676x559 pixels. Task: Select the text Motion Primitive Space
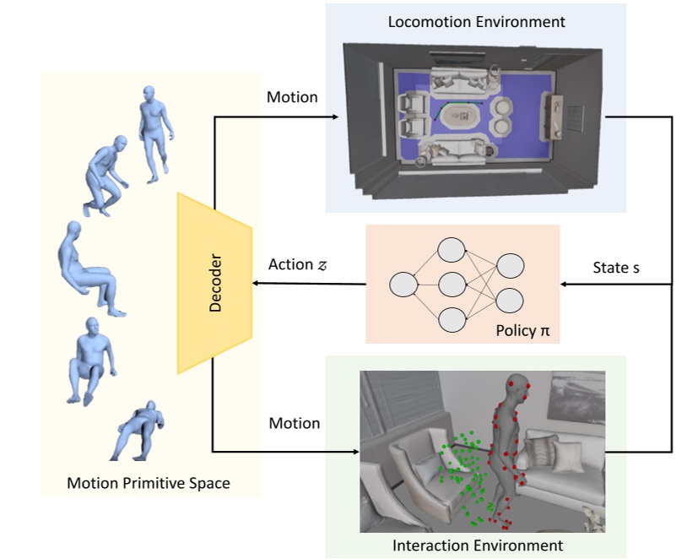click(149, 484)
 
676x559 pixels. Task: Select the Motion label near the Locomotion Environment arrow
click(292, 97)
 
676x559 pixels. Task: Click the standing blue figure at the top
click(154, 133)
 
